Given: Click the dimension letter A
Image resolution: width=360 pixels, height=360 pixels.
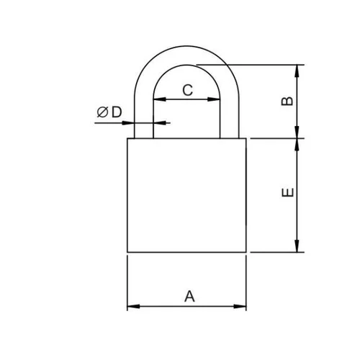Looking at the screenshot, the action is (x=189, y=296).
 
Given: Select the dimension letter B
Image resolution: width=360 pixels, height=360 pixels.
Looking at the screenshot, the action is (x=287, y=101).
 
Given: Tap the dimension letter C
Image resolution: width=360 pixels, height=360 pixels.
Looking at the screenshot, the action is (x=188, y=90).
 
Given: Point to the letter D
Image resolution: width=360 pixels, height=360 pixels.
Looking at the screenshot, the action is (x=117, y=112).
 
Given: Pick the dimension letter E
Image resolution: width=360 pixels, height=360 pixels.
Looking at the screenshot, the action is (x=287, y=192).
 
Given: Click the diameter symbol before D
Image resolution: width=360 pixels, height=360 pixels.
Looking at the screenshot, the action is (x=102, y=112).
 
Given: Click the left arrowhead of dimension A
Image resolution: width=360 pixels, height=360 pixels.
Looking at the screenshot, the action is (x=133, y=306).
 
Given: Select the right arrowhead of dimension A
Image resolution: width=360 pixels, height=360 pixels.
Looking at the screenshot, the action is (x=240, y=306).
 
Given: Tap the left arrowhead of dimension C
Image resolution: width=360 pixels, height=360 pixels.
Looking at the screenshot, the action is (x=160, y=99).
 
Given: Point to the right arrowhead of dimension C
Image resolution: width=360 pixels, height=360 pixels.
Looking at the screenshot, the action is (x=214, y=99).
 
